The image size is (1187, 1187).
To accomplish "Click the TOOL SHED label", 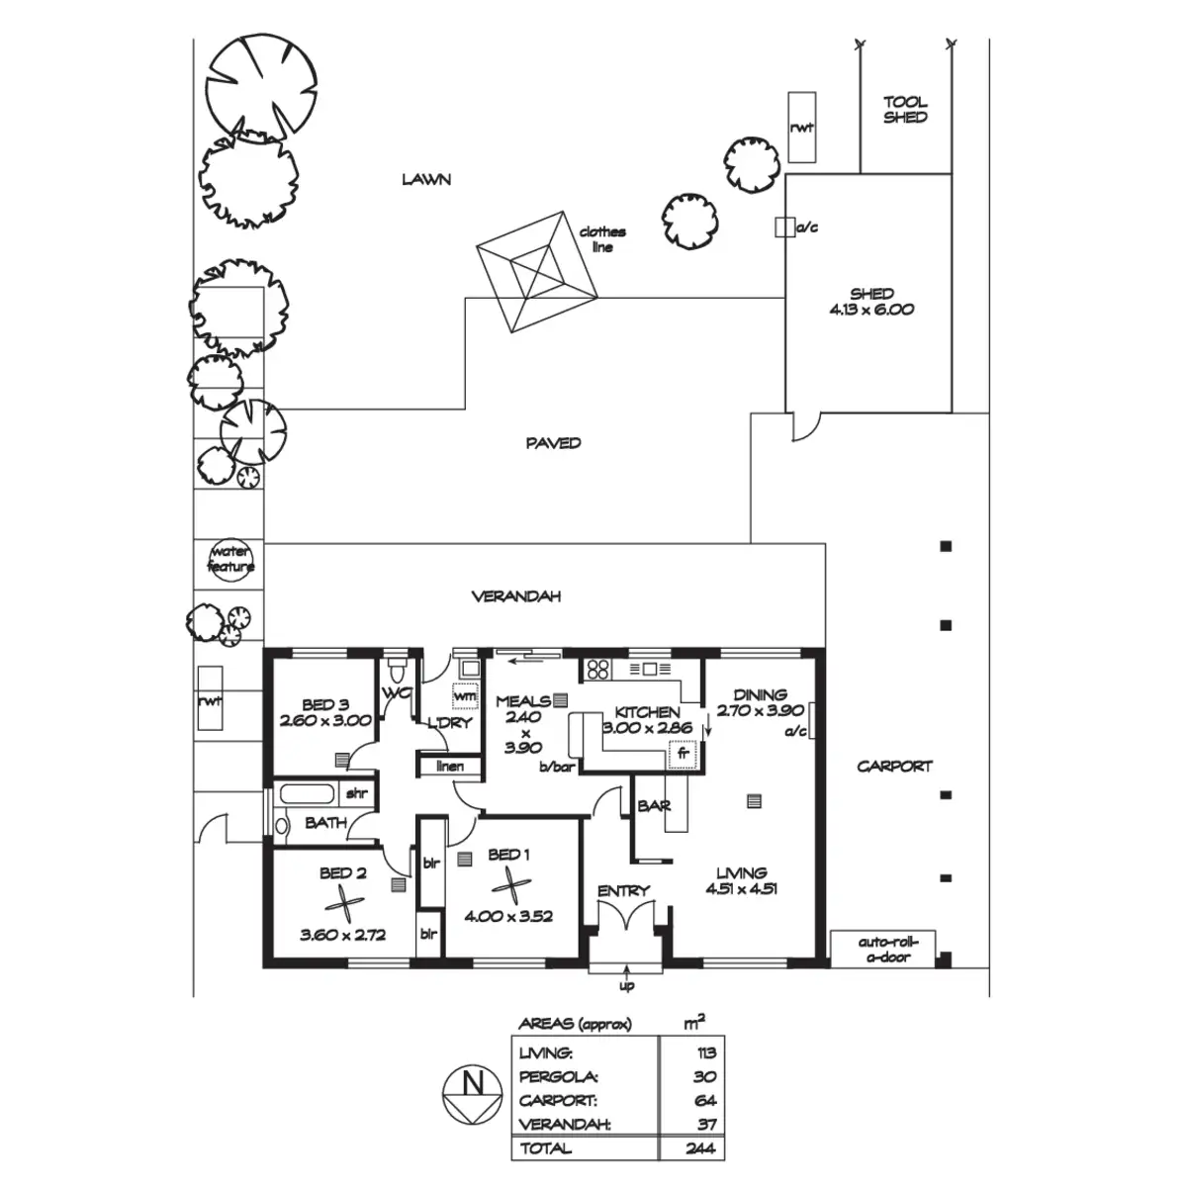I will click(905, 109).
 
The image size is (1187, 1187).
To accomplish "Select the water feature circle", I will click(230, 560).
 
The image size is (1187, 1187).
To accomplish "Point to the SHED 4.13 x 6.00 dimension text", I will click(871, 302).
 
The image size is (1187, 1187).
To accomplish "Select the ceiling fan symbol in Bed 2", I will click(341, 904).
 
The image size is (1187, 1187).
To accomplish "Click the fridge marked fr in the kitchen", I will click(682, 754).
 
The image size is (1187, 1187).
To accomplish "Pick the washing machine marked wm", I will click(465, 695).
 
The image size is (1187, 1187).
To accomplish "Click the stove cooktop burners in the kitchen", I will click(596, 669).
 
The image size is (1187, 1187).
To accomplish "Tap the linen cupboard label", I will click(449, 767).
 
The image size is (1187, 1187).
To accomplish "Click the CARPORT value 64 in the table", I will click(704, 1101).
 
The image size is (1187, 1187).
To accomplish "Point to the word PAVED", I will click(553, 442).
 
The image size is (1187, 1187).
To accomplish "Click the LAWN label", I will click(426, 179).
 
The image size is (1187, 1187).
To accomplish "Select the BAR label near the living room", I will click(654, 807).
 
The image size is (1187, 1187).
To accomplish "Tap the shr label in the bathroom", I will click(355, 793).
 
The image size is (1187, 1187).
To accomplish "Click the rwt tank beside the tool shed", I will click(801, 128).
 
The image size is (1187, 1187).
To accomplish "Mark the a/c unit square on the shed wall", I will click(784, 228).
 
